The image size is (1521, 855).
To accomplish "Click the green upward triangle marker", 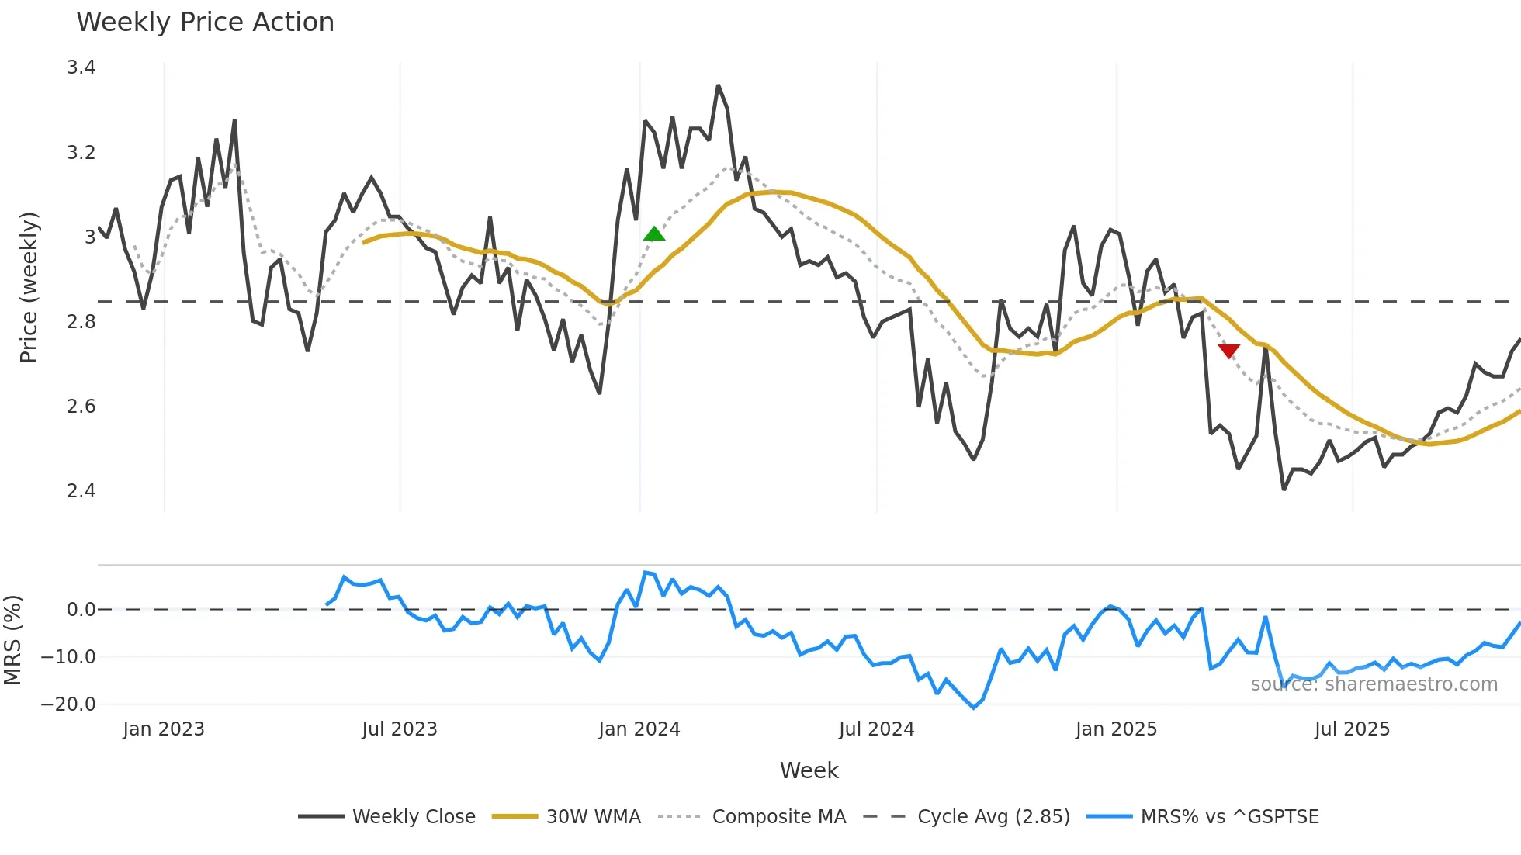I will pos(654,234).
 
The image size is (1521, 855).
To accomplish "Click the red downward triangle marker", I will pos(1228,351).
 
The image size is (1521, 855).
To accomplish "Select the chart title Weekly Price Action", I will pos(205,22).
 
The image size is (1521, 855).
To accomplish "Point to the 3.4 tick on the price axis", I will pos(81,67).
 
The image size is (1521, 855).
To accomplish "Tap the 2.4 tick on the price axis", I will pos(81,490).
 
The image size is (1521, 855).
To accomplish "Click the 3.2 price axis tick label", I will pos(81,152).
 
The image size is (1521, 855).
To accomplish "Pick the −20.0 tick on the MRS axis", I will pos(68,704).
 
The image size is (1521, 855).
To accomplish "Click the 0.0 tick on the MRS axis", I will pos(81,610).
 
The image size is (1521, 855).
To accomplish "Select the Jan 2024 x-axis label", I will pos(639,729).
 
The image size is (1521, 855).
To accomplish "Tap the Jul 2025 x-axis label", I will pos(1352,729).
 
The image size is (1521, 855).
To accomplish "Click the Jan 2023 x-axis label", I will pos(164,729).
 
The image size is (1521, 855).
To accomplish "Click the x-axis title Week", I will pos(809,770).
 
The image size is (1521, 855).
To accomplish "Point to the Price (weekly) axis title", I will pos(29,287).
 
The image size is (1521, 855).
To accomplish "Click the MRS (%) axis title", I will pos(12,640).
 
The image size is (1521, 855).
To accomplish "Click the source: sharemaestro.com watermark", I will pos(1374,684).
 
